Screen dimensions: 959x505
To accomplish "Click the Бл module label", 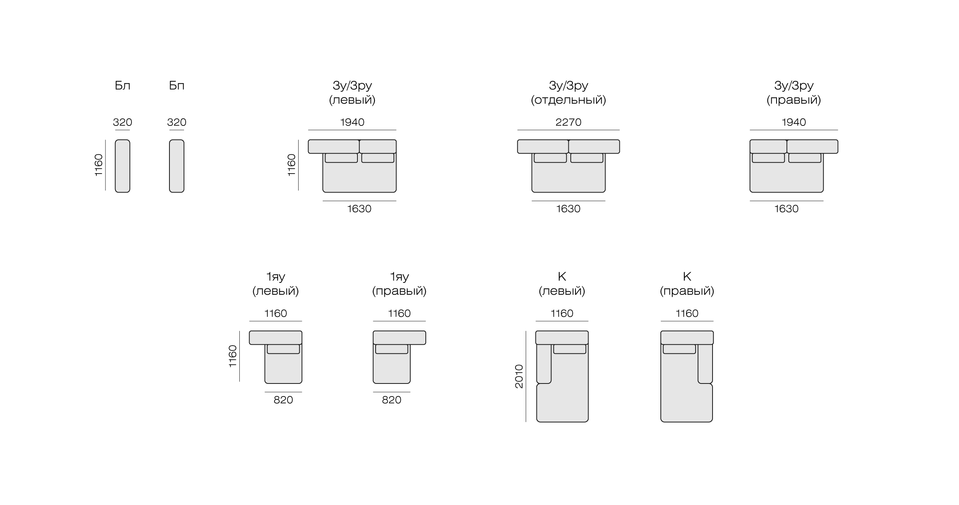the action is coord(122,86).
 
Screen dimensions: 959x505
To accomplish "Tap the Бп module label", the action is coord(177,86).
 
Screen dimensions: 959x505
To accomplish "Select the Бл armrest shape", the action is coord(122,166).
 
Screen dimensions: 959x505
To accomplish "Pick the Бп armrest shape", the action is coord(177,166).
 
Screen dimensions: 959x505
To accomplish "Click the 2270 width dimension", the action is coord(568,122).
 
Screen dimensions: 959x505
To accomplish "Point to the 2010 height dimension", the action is coord(519,376).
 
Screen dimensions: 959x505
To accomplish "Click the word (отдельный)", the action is coord(568,100).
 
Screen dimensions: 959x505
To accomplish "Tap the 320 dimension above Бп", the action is coord(177,122).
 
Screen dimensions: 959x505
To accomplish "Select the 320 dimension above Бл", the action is coord(122,122).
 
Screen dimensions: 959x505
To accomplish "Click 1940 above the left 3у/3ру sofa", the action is coord(352,122).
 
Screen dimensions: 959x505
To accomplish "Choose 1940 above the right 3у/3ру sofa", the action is coord(794,122).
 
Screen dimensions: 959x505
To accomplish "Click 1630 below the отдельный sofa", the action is coord(568,209).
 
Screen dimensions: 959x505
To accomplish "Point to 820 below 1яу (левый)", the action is coord(283,400).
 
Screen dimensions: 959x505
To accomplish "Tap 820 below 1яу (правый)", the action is coord(391,400).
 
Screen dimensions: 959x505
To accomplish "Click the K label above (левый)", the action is coord(562,277).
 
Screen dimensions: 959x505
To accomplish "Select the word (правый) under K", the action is coord(687,291).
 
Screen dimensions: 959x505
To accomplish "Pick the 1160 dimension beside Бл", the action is coord(98,165).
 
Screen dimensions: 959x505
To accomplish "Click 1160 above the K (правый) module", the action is coord(687,314).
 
